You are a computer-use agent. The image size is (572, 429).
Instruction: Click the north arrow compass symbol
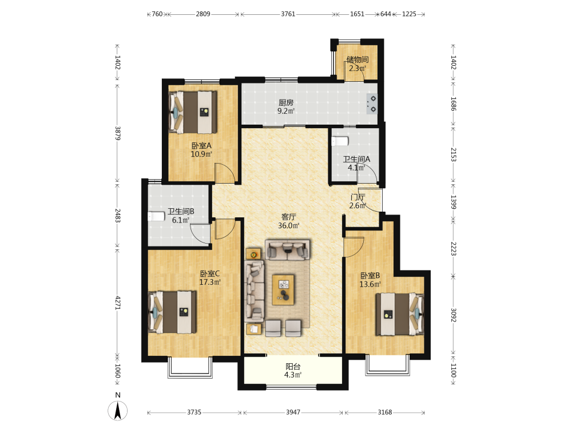[x=117, y=410]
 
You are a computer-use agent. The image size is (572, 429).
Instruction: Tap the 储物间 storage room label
[x=357, y=59]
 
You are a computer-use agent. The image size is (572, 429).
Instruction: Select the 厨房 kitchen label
[x=286, y=103]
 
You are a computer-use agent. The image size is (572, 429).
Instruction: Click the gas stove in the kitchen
[x=372, y=104]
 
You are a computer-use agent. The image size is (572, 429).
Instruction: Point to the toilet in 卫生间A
[x=340, y=141]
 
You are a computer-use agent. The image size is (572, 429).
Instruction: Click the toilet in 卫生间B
[x=156, y=216]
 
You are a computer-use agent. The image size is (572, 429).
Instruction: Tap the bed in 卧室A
[x=193, y=112]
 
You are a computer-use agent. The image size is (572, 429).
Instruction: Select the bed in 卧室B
[x=400, y=314]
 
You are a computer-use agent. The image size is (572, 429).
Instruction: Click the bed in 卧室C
[x=173, y=312]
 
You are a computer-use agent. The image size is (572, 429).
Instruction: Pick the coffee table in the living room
[x=283, y=290]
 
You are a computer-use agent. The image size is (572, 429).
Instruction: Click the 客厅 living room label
[x=288, y=217]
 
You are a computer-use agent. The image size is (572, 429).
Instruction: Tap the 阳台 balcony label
[x=293, y=366]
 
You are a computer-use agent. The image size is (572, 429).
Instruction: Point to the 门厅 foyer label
[x=357, y=197]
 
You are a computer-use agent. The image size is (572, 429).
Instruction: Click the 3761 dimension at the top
[x=288, y=14]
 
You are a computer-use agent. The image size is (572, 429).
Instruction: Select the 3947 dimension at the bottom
[x=293, y=412]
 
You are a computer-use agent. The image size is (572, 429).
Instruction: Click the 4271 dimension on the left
[x=117, y=303]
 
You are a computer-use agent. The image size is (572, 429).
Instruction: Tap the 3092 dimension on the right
[x=453, y=315]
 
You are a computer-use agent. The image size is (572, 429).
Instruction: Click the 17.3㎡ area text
[x=210, y=282]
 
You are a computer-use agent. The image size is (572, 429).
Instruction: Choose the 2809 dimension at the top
[x=203, y=14]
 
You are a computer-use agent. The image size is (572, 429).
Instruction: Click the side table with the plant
[x=253, y=254]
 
